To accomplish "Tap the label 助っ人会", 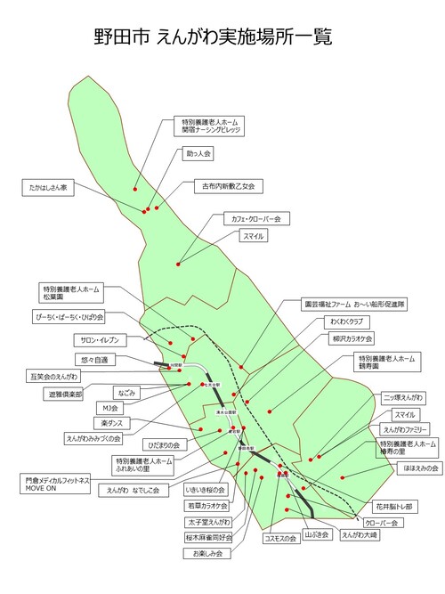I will (198, 154).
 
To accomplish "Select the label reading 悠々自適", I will (93, 360).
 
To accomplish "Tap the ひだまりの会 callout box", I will (164, 443).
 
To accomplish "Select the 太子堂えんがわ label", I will (207, 522).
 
